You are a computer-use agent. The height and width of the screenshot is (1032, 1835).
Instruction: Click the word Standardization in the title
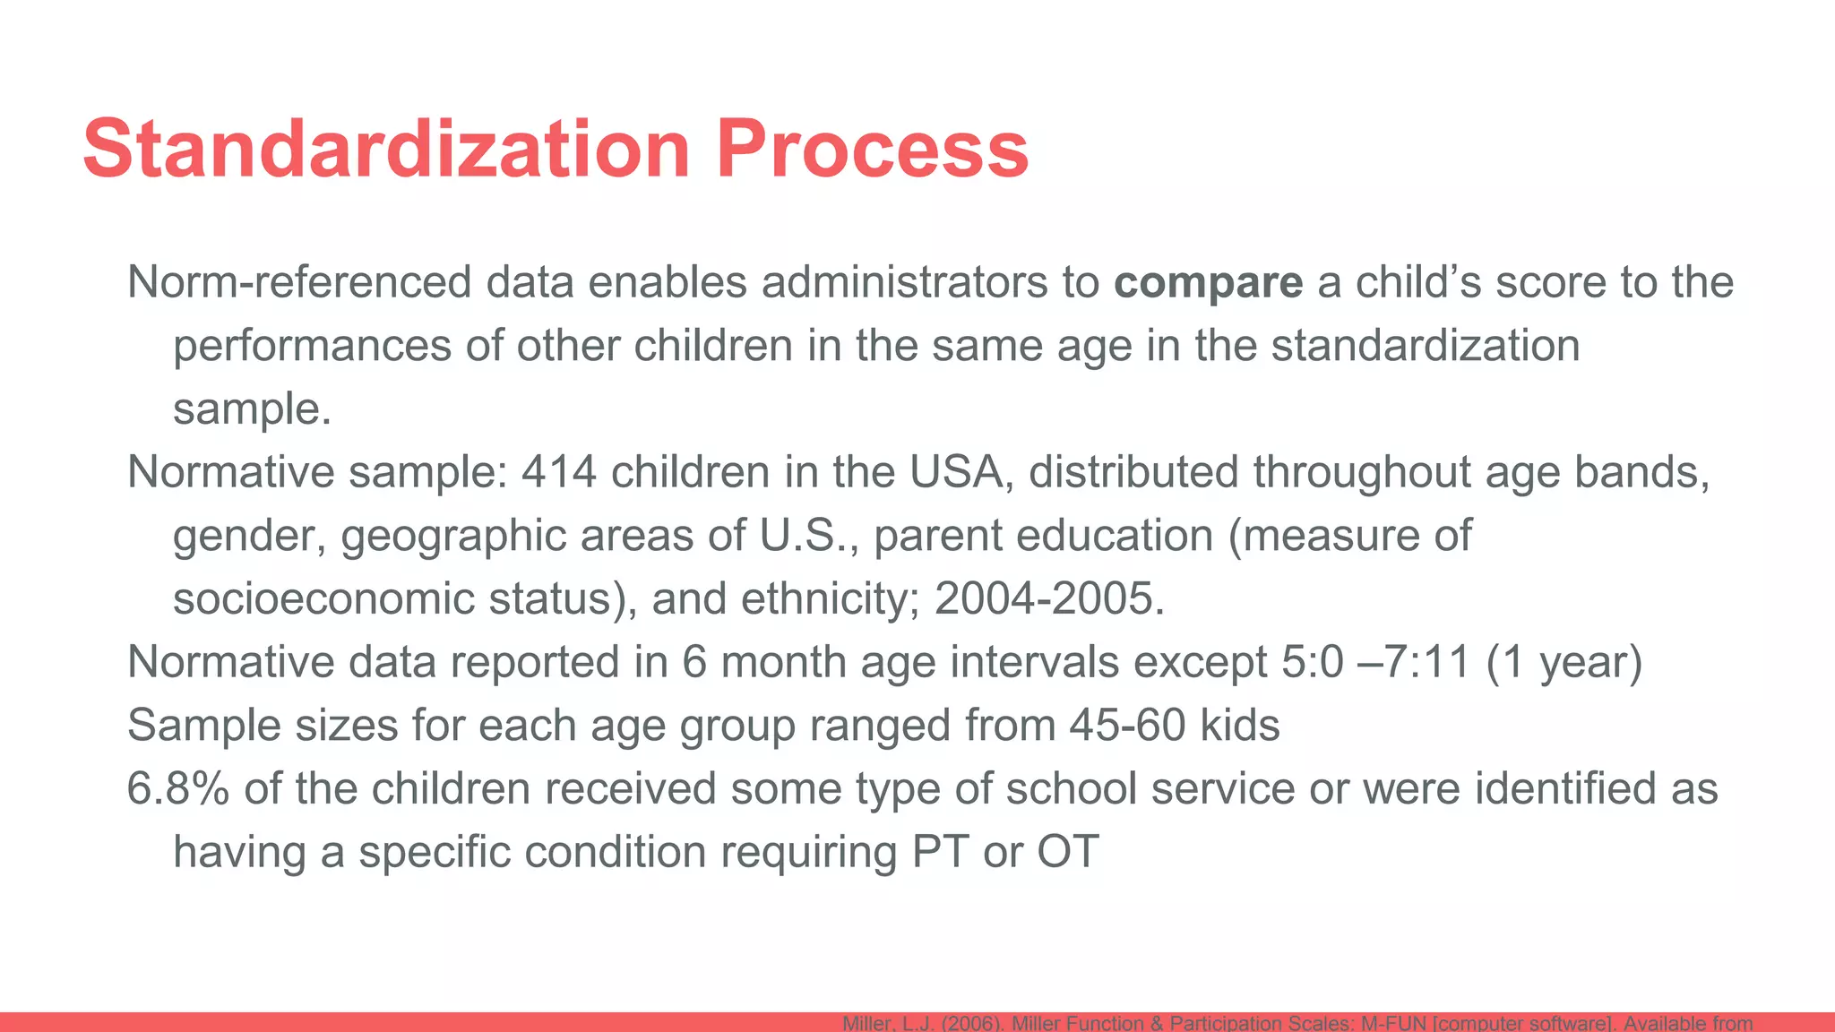(386, 149)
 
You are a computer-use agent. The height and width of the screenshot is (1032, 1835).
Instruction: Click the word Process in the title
(872, 149)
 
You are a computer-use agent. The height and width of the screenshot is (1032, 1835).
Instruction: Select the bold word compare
(1209, 282)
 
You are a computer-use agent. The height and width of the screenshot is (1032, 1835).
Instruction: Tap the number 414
(558, 472)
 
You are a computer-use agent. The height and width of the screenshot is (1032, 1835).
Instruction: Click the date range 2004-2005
(1048, 598)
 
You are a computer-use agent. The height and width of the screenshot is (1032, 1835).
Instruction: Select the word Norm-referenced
(299, 282)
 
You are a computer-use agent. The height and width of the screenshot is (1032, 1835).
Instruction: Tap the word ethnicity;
(825, 598)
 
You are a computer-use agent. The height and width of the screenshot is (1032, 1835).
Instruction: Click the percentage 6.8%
(177, 788)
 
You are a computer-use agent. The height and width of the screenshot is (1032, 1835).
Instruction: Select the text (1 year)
(1564, 662)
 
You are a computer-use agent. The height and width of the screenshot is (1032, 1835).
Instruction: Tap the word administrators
(905, 282)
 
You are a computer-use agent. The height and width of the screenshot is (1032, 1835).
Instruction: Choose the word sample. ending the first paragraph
(252, 409)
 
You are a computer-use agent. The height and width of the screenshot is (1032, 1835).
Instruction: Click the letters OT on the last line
(1067, 851)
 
